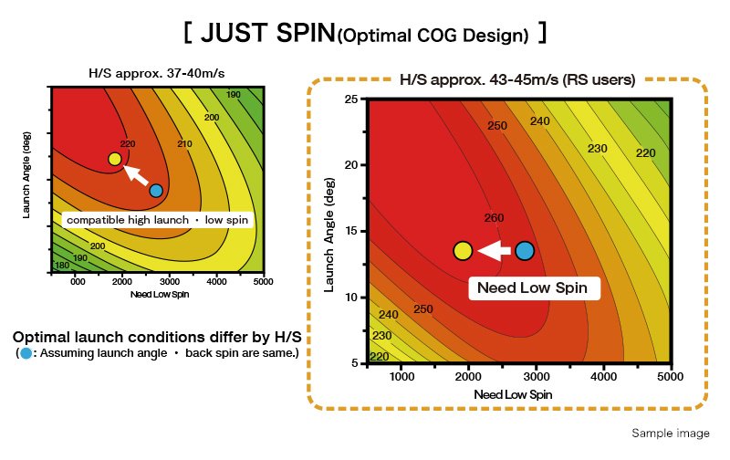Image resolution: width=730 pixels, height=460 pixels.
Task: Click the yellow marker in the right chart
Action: (463, 250)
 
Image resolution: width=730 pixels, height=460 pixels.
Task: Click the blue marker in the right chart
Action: (524, 250)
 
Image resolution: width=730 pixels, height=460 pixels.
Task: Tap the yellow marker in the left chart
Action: (114, 159)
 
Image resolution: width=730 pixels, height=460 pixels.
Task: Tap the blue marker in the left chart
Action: (156, 190)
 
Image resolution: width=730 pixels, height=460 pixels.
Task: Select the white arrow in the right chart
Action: (493, 250)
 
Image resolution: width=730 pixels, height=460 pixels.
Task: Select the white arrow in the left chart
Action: (135, 173)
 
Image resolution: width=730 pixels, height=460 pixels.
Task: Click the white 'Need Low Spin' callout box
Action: (534, 288)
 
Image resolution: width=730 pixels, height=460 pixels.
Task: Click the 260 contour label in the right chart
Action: (494, 218)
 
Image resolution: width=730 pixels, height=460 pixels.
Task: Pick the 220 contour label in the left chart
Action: (127, 143)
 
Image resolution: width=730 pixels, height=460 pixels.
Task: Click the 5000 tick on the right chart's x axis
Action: (670, 375)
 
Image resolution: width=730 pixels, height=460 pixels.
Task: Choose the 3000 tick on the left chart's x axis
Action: (171, 281)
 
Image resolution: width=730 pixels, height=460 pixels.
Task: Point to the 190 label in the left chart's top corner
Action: (234, 95)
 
